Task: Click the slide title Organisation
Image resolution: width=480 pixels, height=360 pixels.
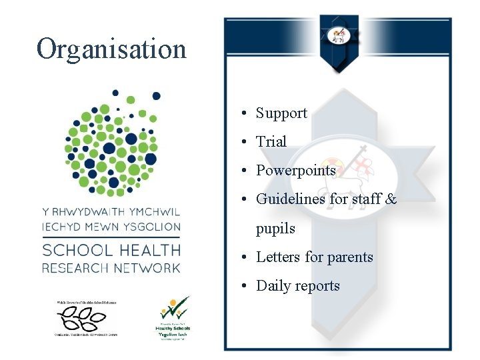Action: pos(111,49)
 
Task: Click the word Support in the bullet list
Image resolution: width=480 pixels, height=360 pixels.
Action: pos(281,113)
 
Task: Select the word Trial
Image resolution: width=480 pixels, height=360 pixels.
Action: pos(271,142)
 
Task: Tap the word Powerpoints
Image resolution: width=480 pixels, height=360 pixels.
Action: pos(296,171)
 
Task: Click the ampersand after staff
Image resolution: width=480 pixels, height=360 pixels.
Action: pos(391,199)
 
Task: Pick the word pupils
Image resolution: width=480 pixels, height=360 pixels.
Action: pos(275,229)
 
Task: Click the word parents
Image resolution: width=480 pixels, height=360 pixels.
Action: pos(349,257)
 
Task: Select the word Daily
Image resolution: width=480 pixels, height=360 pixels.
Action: pos(274,286)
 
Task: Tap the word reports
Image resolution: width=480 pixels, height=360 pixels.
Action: pos(317,286)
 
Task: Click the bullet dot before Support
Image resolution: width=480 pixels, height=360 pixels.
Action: pos(246,114)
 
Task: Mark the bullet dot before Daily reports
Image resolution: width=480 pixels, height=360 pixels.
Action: pos(246,287)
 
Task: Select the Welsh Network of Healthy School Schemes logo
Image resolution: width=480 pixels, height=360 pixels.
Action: pos(85,319)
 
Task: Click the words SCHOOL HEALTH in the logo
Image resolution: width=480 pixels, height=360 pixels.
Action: pos(111,251)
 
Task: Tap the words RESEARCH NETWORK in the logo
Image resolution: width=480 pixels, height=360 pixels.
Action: pos(111,268)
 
